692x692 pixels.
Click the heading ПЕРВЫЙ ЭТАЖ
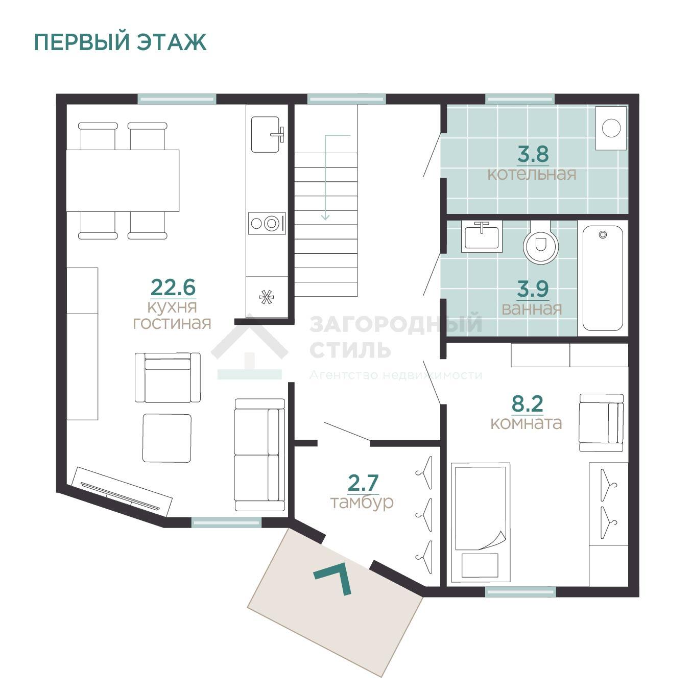pyautogui.click(x=121, y=42)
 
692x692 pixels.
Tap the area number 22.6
pyautogui.click(x=173, y=287)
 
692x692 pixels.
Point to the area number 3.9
pyautogui.click(x=533, y=289)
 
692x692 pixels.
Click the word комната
pyautogui.click(x=526, y=423)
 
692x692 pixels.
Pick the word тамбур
pyautogui.click(x=362, y=503)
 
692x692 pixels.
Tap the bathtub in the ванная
pyautogui.click(x=603, y=278)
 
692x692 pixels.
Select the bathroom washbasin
pyautogui.click(x=482, y=237)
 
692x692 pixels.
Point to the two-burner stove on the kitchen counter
pyautogui.click(x=267, y=223)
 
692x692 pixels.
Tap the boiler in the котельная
pyautogui.click(x=611, y=128)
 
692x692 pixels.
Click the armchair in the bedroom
pyautogui.click(x=601, y=423)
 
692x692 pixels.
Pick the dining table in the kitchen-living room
pyautogui.click(x=123, y=181)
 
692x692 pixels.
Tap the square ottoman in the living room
pyautogui.click(x=167, y=438)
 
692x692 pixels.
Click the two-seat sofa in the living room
pyautogui.click(x=259, y=455)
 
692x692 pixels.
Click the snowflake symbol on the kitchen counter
pyautogui.click(x=266, y=297)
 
